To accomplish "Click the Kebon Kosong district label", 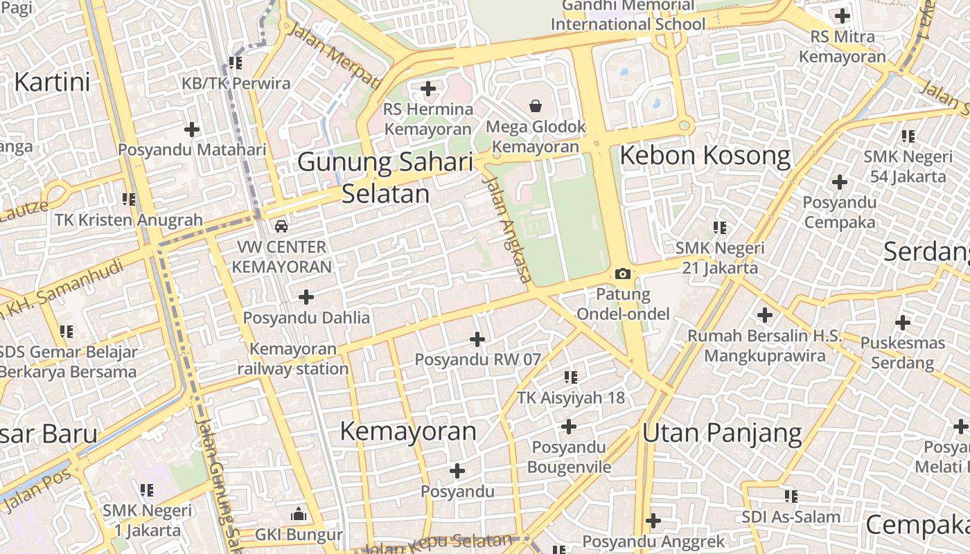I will coord(705,156).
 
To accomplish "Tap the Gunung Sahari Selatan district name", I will coord(386,178).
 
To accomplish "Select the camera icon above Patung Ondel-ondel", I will coord(623,274).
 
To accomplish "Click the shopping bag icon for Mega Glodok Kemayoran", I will coord(535,106).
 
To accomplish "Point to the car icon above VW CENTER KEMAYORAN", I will coord(281,226).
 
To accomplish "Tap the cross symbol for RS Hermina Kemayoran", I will coord(428,89).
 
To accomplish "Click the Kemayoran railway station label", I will coord(293,359).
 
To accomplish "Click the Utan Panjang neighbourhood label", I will coord(721,434).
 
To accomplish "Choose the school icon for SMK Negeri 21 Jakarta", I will coord(720,227).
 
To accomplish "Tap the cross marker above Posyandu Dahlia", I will coord(306,297).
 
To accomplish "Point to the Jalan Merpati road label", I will coord(333,55).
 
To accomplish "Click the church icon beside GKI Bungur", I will coord(299,514).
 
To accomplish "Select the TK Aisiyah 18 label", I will coord(571,397).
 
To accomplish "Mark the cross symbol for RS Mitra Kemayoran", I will coord(842,15).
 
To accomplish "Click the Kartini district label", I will coord(52,82).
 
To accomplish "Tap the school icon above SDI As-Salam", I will coord(791,496).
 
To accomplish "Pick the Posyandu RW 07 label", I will coord(477,359).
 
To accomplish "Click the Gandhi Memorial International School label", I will coord(628,15).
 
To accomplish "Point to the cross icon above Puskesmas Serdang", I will coord(902,322).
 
